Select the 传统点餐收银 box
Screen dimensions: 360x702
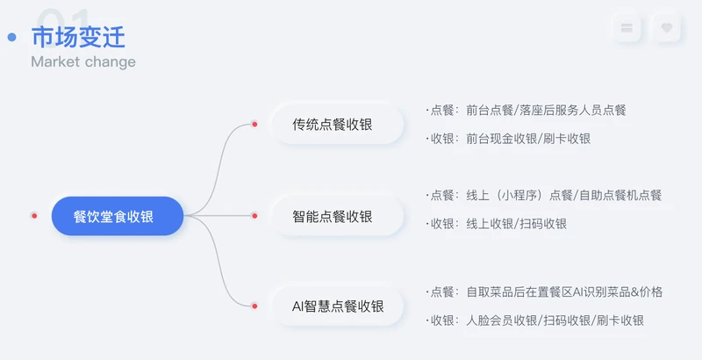(x=333, y=125)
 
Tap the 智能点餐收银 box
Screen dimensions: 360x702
(x=333, y=216)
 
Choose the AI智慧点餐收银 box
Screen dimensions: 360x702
(x=338, y=306)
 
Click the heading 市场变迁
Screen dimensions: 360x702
(x=78, y=37)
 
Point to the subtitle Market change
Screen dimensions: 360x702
(x=83, y=62)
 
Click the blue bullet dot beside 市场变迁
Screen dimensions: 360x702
(x=12, y=37)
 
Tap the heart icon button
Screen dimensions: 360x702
(x=666, y=28)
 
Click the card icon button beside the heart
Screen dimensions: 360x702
(x=627, y=28)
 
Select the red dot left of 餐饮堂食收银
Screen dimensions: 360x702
(x=34, y=215)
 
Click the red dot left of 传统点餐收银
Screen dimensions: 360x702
(x=254, y=125)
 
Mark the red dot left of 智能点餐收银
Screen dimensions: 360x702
(x=254, y=215)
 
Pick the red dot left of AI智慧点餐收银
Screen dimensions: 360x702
(x=254, y=306)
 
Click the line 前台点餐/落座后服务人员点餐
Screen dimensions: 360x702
(x=546, y=111)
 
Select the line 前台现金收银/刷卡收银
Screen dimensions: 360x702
(x=528, y=139)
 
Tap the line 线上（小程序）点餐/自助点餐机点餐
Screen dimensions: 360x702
(x=563, y=195)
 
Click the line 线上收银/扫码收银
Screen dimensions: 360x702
(x=516, y=224)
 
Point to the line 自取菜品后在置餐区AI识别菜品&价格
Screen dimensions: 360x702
(x=564, y=292)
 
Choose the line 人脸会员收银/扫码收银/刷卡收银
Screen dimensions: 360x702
(x=555, y=320)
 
